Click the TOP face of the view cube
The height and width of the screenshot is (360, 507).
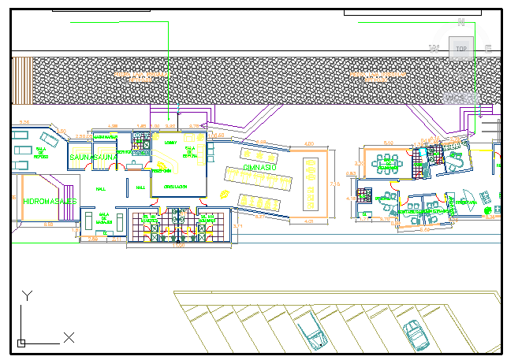point(461,49)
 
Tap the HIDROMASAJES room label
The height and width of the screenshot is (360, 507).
point(49,202)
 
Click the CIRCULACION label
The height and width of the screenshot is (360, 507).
point(175,187)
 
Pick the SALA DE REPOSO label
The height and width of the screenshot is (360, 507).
point(40,152)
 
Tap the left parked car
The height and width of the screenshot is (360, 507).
point(311,328)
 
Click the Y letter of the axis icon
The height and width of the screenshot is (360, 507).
point(27,295)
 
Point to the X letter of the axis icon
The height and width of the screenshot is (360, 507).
point(69,338)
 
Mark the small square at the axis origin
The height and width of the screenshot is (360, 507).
point(21,343)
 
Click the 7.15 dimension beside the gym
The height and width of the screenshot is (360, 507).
point(334,184)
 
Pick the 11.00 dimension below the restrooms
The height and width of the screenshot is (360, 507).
point(179,245)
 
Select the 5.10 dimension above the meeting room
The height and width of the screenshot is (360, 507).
point(388,143)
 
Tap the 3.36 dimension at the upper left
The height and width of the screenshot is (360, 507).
point(24,122)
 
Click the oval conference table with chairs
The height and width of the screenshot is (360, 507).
point(387,165)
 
